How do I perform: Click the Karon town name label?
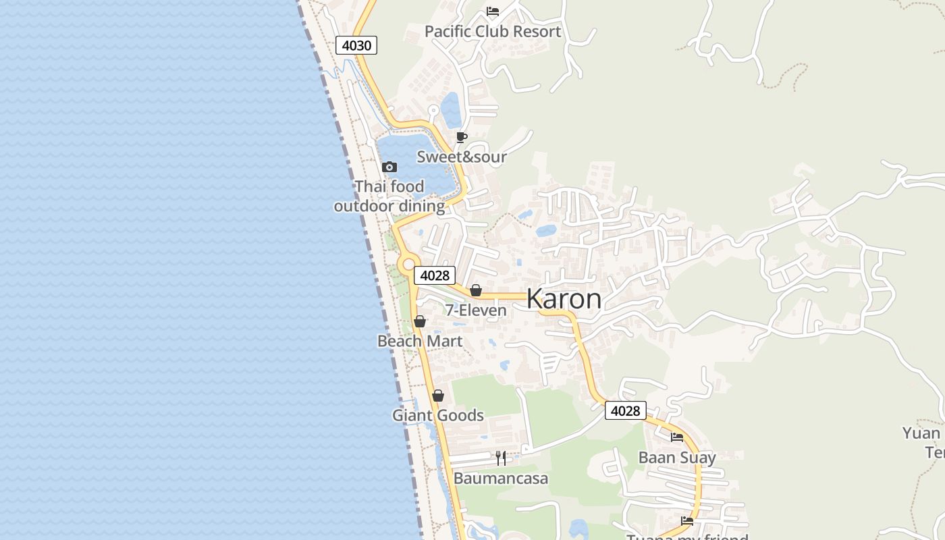pos(564,298)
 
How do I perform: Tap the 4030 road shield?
pos(356,45)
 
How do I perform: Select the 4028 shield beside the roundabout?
pos(435,275)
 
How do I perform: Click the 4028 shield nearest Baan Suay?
pos(626,410)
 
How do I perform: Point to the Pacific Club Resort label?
pos(493,32)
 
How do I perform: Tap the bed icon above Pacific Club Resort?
pos(493,11)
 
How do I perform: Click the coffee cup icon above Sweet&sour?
pos(462,137)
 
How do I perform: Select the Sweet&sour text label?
pos(462,157)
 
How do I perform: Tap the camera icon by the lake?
pos(389,167)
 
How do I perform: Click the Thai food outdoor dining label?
pos(389,196)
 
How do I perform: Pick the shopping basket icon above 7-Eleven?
pos(476,290)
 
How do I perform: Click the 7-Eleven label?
pos(476,310)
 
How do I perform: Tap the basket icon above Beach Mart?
pos(420,321)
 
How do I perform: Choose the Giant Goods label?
pos(438,415)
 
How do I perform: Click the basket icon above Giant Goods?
pos(438,396)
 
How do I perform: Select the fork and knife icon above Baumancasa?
pos(501,458)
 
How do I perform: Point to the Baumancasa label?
pos(501,479)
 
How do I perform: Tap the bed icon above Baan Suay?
pos(677,437)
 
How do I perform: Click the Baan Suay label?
pos(677,458)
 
